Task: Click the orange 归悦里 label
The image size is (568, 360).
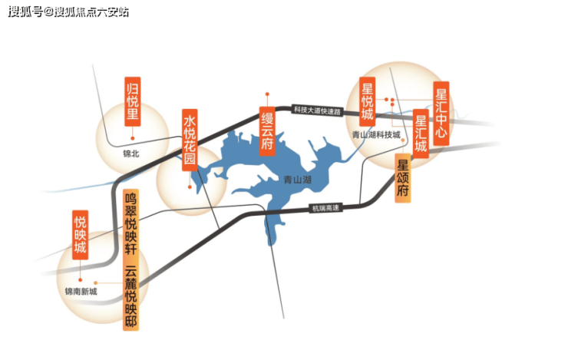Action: pyautogui.click(x=132, y=101)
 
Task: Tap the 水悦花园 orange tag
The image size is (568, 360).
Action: pyautogui.click(x=189, y=139)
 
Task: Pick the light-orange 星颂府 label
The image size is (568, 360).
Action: pyautogui.click(x=404, y=178)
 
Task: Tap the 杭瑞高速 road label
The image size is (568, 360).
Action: pyautogui.click(x=325, y=207)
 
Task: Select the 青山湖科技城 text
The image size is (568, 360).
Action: pyautogui.click(x=376, y=135)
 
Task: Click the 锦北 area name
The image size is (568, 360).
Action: pyautogui.click(x=131, y=153)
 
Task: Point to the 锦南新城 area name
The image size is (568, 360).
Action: pyautogui.click(x=81, y=291)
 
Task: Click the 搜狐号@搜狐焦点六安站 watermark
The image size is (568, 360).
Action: pyautogui.click(x=69, y=12)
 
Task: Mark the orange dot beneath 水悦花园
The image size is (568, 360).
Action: pyautogui.click(x=190, y=185)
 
